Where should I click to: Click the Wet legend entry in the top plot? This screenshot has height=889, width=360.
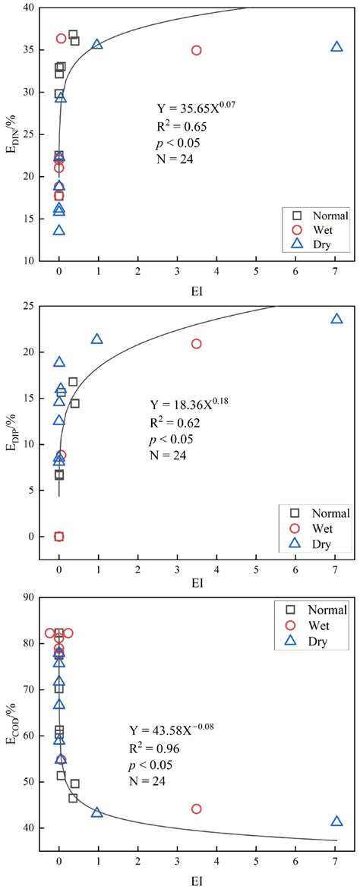[317, 229]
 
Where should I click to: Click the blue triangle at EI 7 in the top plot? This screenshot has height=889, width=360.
[336, 47]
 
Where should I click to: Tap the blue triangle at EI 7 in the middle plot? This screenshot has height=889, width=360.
[336, 319]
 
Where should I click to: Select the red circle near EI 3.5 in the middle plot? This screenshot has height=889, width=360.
[197, 343]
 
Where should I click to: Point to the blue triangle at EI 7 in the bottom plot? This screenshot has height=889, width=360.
[336, 821]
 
